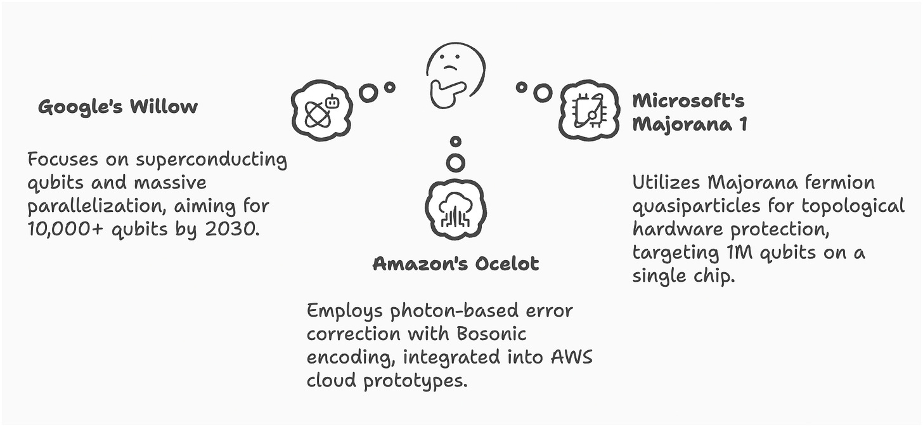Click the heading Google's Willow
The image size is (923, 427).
pyautogui.click(x=118, y=107)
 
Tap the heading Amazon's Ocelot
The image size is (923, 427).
pyautogui.click(x=455, y=263)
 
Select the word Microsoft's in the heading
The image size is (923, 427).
pyautogui.click(x=688, y=100)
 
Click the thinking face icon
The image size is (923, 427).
pyautogui.click(x=455, y=75)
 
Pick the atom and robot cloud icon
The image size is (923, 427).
pyautogui.click(x=321, y=110)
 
